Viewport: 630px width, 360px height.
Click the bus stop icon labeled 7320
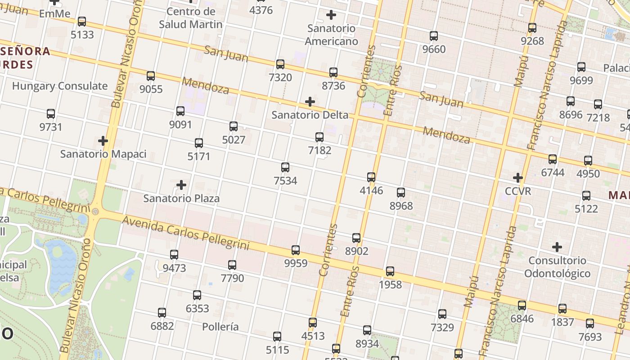coord(280,64)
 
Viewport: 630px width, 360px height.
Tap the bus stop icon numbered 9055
coord(151,76)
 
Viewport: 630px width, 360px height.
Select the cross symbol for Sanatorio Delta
coord(310,102)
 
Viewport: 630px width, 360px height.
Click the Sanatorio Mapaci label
coord(103,154)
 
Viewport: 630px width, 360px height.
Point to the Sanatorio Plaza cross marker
coord(181,185)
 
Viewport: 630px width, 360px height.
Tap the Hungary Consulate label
coord(60,86)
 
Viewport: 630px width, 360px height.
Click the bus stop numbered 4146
coord(371,177)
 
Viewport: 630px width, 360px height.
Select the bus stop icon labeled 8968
coord(401,193)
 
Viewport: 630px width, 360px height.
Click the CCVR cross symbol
coord(518,178)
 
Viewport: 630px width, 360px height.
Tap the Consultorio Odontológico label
coord(557,267)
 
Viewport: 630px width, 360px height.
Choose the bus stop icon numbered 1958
coord(390,272)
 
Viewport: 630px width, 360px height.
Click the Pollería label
coord(220,327)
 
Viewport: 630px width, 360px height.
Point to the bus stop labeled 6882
coord(162,313)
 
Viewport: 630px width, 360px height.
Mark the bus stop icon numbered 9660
coord(434,36)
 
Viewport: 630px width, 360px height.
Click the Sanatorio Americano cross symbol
coord(331,15)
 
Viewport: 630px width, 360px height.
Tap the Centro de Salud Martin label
coord(191,18)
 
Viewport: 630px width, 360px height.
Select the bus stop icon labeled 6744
coord(553,159)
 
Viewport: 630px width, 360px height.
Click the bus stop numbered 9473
coord(174,255)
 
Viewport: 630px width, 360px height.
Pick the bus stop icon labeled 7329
coord(442,314)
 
